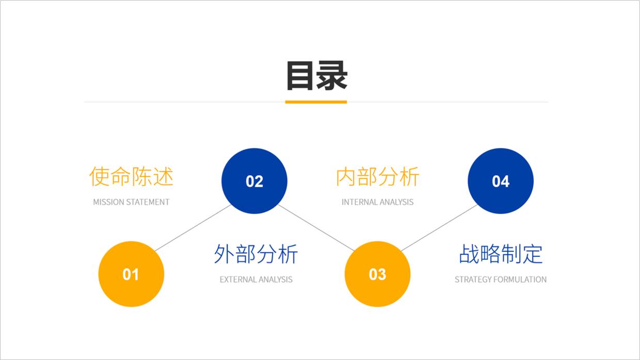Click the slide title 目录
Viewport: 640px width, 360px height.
point(316,76)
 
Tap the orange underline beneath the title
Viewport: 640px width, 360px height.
point(316,102)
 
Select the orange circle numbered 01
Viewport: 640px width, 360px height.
point(131,274)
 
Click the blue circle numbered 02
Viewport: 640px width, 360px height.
point(254,181)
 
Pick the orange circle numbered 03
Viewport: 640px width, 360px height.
point(377,274)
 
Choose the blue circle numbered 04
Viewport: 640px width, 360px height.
point(501,181)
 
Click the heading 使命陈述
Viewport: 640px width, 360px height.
point(131,176)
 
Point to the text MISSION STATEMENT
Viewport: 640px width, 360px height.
point(131,202)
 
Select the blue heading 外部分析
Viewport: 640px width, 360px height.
point(256,254)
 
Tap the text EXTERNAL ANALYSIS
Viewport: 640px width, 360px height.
point(256,280)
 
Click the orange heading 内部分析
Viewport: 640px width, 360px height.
point(378,176)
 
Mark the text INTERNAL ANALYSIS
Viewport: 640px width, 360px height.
point(378,202)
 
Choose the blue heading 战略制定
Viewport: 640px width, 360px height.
point(501,254)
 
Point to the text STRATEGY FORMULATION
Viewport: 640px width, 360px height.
point(501,280)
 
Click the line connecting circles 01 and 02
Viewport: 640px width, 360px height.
point(193,228)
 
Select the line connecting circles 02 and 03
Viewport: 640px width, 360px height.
point(316,227)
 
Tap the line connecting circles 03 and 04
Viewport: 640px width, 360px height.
point(439,228)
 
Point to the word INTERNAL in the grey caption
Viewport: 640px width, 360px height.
point(359,202)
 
